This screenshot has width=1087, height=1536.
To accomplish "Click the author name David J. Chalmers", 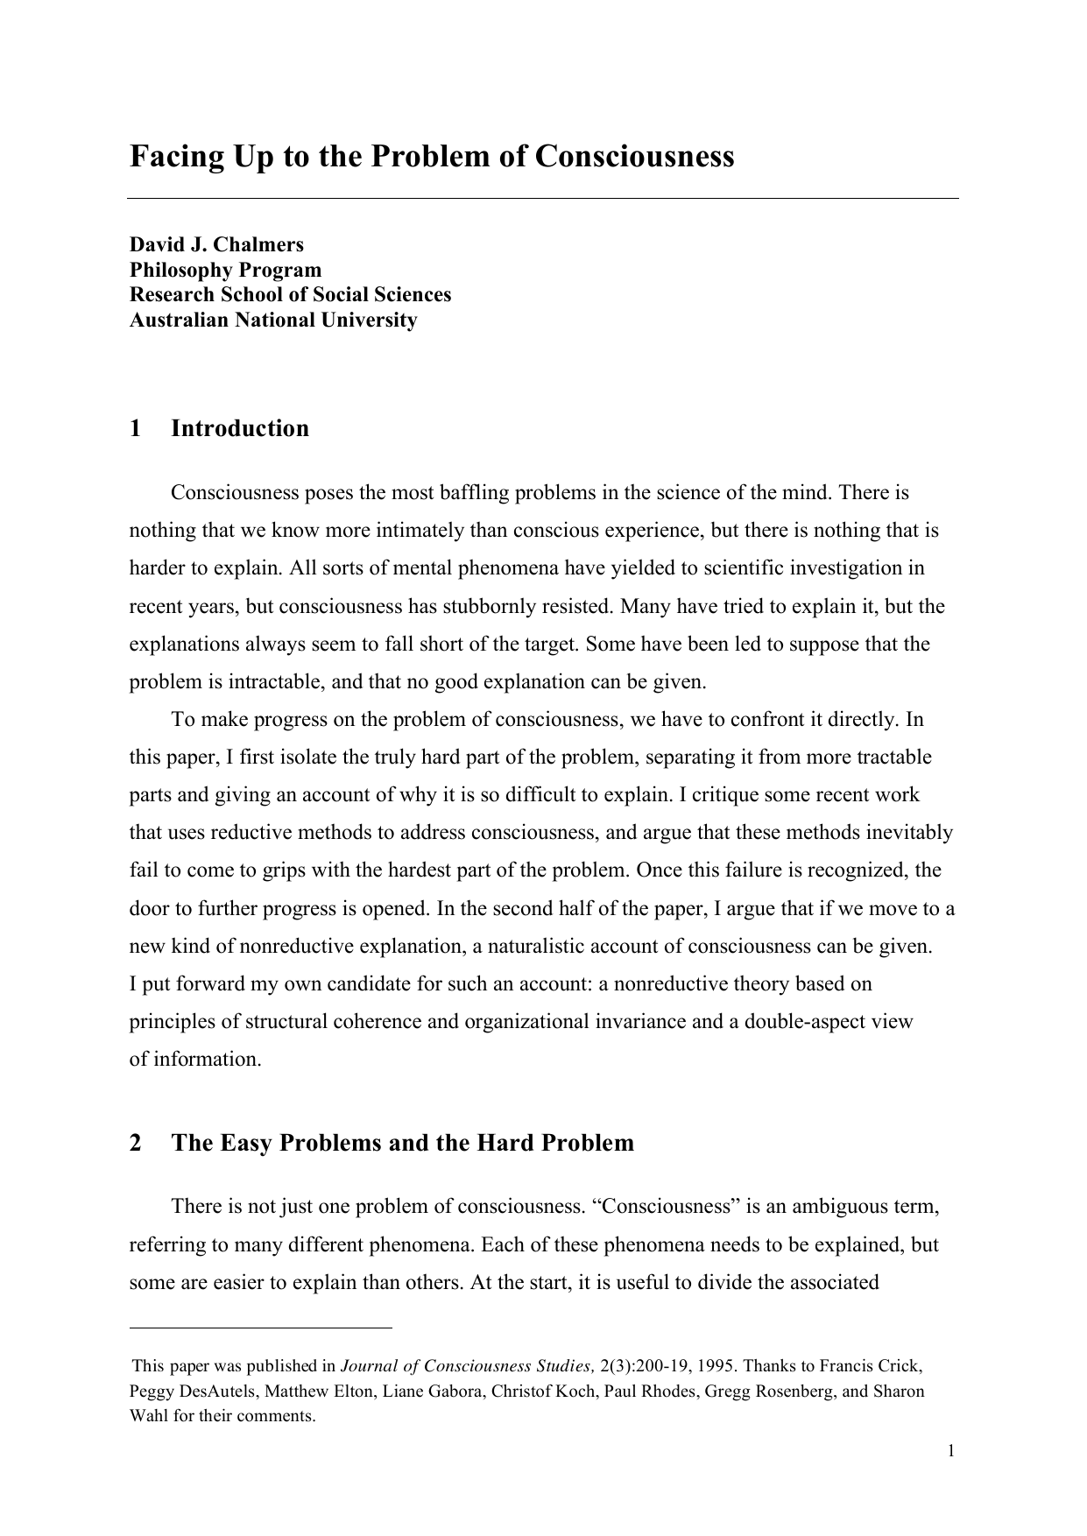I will coord(216,244).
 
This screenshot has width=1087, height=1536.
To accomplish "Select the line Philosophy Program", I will coord(225,270).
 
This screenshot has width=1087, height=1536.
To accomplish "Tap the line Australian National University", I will coord(273,320).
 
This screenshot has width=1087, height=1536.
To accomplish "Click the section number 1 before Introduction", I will coord(135,428).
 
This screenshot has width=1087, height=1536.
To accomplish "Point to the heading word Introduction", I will coord(240,428).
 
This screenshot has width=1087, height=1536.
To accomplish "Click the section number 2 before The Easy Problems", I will coord(135,1143).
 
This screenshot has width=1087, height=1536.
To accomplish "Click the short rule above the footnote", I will coord(260,1328).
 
